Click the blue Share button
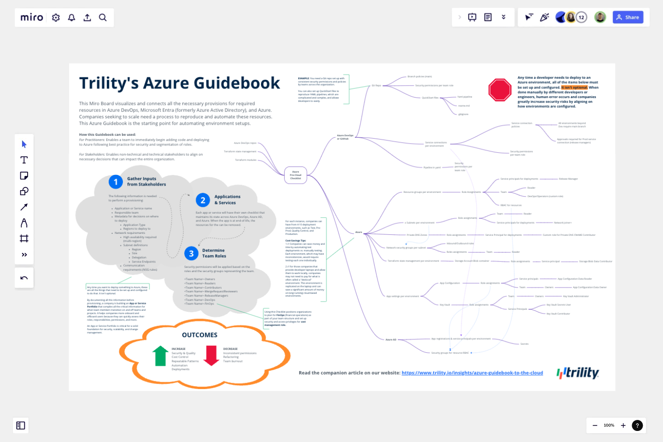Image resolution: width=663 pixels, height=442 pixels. pyautogui.click(x=628, y=17)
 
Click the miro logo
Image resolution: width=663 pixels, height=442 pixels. pyautogui.click(x=32, y=17)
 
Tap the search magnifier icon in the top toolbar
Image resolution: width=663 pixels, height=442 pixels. pyautogui.click(x=103, y=17)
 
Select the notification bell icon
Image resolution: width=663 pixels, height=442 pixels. pyautogui.click(x=71, y=17)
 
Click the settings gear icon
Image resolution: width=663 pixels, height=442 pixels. pyautogui.click(x=56, y=17)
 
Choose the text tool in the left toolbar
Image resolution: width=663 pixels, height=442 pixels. pyautogui.click(x=24, y=160)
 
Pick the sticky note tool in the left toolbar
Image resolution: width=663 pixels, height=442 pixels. pyautogui.click(x=24, y=175)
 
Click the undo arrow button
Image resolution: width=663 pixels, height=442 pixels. pyautogui.click(x=24, y=278)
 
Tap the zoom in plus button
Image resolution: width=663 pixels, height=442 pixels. pyautogui.click(x=623, y=425)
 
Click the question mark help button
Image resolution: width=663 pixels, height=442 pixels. pyautogui.click(x=637, y=425)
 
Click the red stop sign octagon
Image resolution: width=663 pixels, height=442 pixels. pyautogui.click(x=500, y=90)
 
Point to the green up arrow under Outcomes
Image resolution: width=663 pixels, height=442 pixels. pyautogui.click(x=160, y=355)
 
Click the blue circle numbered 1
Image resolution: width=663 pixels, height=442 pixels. pyautogui.click(x=116, y=182)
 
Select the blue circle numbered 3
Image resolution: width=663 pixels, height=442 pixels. pyautogui.click(x=191, y=253)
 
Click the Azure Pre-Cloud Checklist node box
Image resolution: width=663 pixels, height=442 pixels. pyautogui.click(x=296, y=175)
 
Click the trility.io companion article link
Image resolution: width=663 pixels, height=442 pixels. pyautogui.click(x=472, y=373)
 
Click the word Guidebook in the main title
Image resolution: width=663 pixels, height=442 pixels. pyautogui.click(x=237, y=83)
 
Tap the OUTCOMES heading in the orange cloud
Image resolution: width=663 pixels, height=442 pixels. pyautogui.click(x=199, y=335)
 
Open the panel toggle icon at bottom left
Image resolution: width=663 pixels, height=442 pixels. pyautogui.click(x=21, y=425)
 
